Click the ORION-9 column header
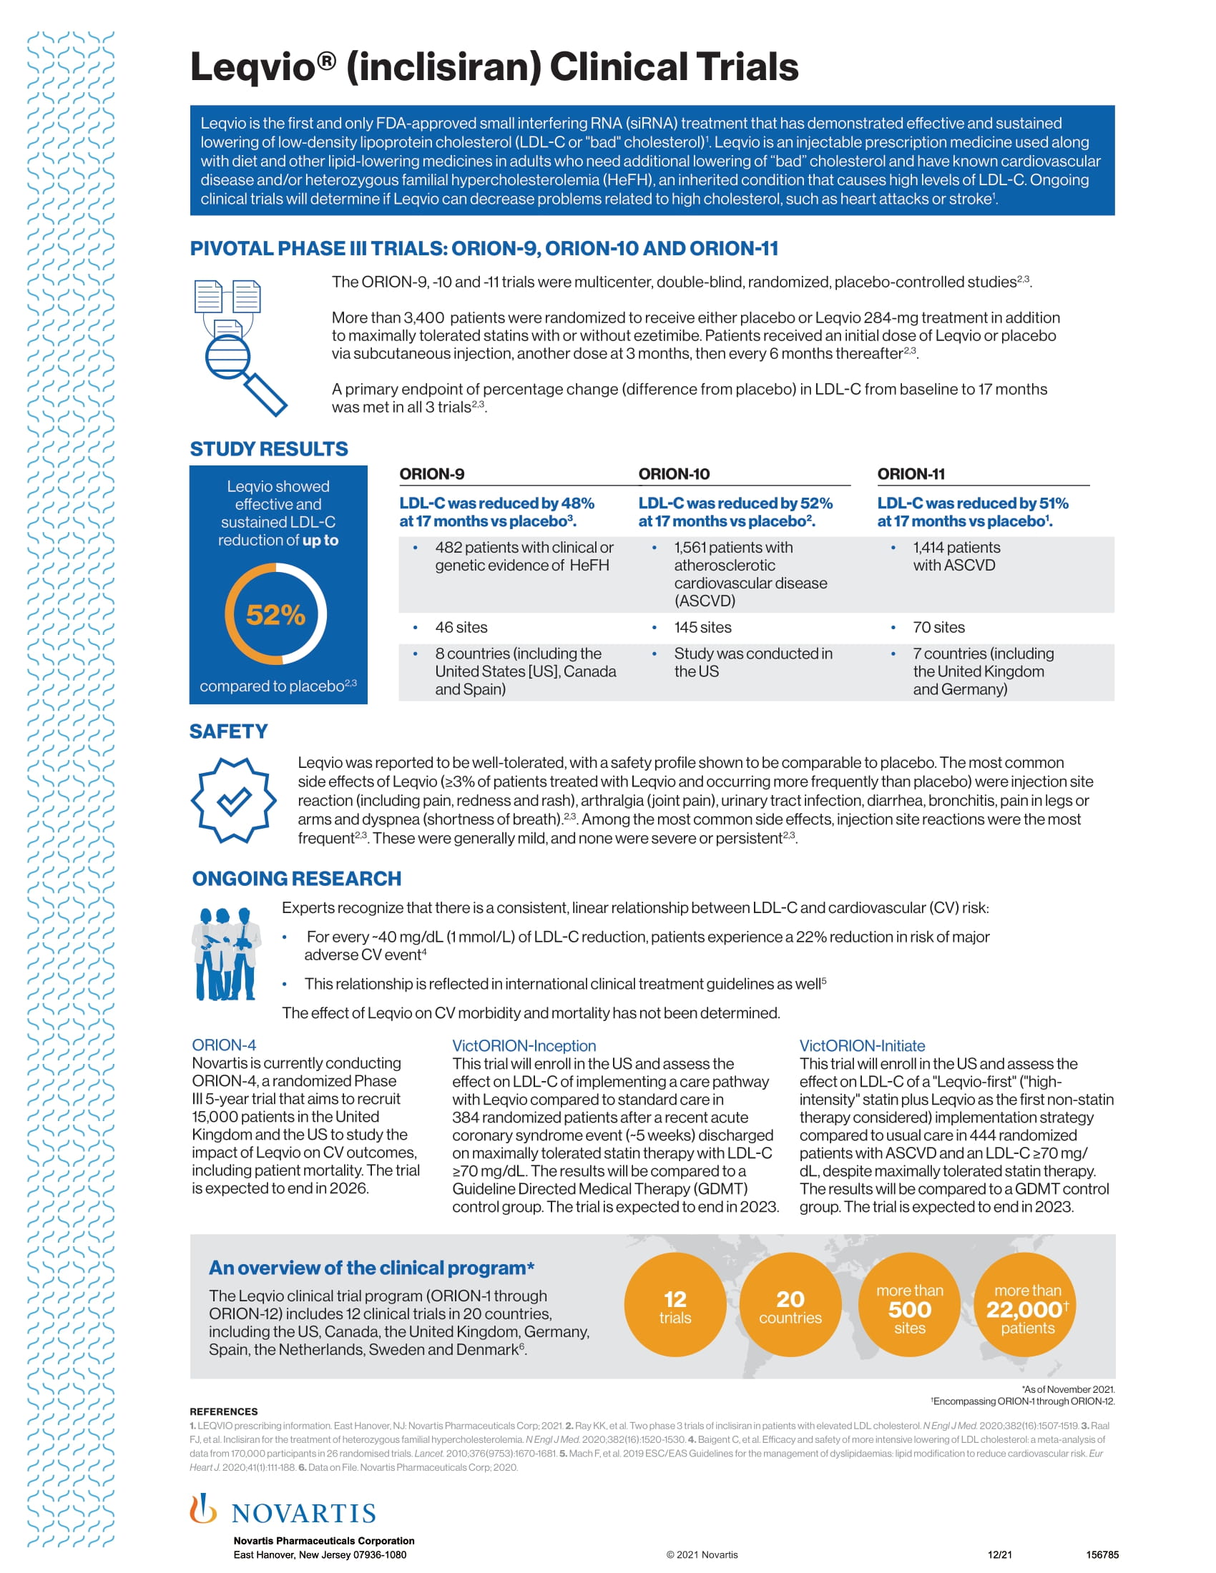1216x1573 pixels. pyautogui.click(x=431, y=474)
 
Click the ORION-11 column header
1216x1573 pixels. pyautogui.click(x=911, y=474)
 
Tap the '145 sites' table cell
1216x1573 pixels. pyautogui.click(x=702, y=627)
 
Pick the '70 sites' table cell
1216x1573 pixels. pyautogui.click(x=938, y=627)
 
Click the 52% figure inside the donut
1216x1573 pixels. pyautogui.click(x=275, y=614)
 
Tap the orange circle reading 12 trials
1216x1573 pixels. pyautogui.click(x=675, y=1306)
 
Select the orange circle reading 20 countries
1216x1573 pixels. pyautogui.click(x=790, y=1306)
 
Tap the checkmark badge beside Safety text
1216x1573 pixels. pyautogui.click(x=233, y=800)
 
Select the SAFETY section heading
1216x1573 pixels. pyautogui.click(x=228, y=731)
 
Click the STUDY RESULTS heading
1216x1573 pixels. pyautogui.click(x=269, y=450)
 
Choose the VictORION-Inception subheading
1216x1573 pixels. pyautogui.click(x=524, y=1046)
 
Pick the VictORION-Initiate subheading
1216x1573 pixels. pyautogui.click(x=862, y=1046)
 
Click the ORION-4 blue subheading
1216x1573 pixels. pyautogui.click(x=223, y=1045)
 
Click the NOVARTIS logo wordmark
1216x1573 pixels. pyautogui.click(x=303, y=1513)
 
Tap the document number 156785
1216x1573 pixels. pyautogui.click(x=1102, y=1554)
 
